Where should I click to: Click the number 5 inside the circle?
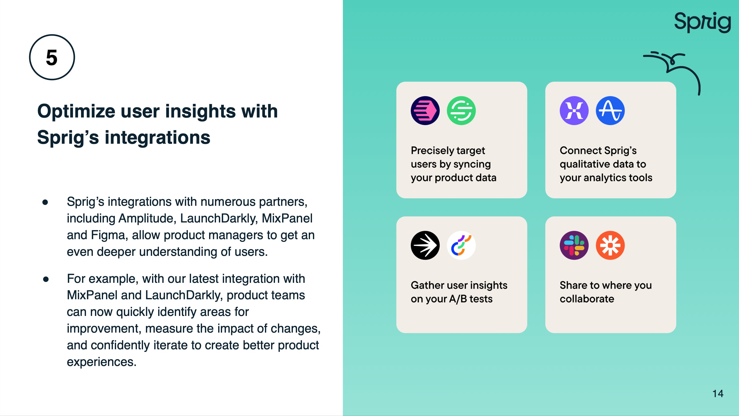coord(52,57)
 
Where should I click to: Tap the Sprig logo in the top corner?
coord(702,22)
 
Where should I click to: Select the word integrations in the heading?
coord(157,137)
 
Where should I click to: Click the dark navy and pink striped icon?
coord(425,111)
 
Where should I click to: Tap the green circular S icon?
coord(461,111)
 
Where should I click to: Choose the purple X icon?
coord(574,111)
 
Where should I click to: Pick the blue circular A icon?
coord(610,111)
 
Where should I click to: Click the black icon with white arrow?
coord(425,245)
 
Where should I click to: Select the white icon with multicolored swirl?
coord(461,245)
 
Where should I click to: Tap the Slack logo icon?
coord(574,245)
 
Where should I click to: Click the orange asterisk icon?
coord(610,245)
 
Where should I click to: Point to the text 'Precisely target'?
coord(448,151)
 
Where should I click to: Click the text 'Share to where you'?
coord(606,285)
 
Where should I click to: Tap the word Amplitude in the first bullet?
coord(147,218)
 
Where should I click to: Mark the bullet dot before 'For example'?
coord(46,279)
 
